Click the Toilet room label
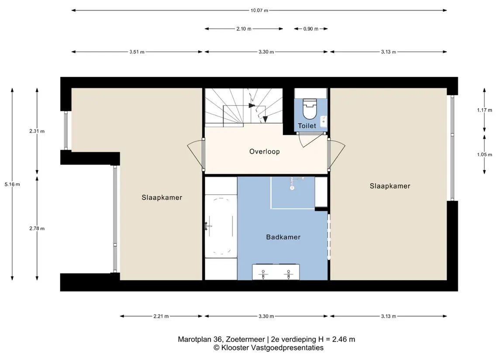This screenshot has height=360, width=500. (307, 126)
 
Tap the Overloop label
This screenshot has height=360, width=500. (264, 151)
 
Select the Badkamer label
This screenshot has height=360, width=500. (283, 237)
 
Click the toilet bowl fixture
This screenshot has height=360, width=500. (309, 108)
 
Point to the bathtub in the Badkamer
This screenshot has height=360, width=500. (221, 226)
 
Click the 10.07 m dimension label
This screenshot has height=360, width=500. (259, 10)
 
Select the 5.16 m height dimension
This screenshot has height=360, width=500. (12, 184)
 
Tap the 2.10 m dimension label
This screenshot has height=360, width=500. (244, 29)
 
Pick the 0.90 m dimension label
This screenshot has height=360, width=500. (310, 29)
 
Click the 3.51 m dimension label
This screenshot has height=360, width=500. (137, 52)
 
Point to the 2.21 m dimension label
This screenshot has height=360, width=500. (161, 316)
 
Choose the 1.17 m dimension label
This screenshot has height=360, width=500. (484, 110)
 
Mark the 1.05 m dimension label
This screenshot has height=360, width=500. (484, 154)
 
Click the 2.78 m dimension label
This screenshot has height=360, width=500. (37, 228)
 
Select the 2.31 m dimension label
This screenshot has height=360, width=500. (37, 131)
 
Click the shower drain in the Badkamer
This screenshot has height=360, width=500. (292, 188)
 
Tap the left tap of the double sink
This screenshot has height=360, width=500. (263, 274)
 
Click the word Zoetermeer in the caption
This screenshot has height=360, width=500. (245, 339)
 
